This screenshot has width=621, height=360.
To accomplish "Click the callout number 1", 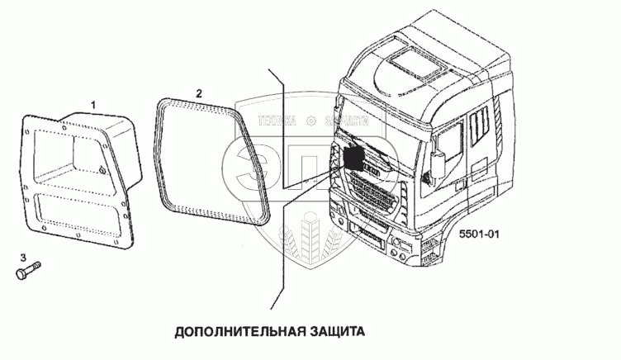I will click(x=93, y=105).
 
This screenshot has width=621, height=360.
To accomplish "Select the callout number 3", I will click(x=23, y=258).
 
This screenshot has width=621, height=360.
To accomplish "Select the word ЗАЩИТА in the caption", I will click(x=334, y=333).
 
